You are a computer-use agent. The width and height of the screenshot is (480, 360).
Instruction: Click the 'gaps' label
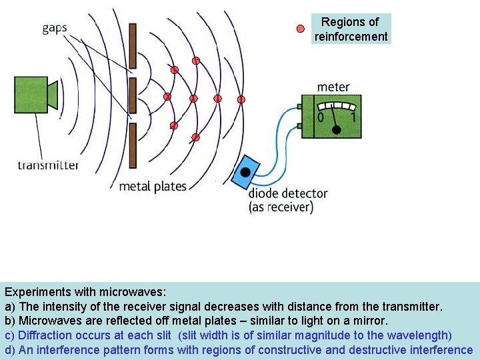pyautogui.click(x=54, y=28)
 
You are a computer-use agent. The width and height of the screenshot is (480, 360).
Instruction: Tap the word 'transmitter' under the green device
pyautogui.click(x=48, y=165)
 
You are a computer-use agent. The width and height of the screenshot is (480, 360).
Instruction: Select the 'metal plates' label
pyautogui.click(x=153, y=186)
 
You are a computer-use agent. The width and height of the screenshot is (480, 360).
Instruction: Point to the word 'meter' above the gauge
pyautogui.click(x=333, y=87)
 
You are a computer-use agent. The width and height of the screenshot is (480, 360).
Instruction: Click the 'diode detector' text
pyautogui.click(x=288, y=193)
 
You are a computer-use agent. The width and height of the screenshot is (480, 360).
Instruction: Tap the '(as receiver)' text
pyautogui.click(x=281, y=207)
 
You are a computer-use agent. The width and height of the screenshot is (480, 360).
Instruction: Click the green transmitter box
pyautogui.click(x=31, y=94)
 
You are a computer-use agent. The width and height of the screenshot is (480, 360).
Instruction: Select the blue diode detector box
pyautogui.click(x=246, y=173)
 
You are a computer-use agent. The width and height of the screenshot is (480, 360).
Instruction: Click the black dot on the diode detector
pyautogui.click(x=245, y=172)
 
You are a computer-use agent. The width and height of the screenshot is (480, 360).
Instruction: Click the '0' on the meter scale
pyautogui.click(x=320, y=117)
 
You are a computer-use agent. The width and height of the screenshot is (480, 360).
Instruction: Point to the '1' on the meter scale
pyautogui.click(x=353, y=117)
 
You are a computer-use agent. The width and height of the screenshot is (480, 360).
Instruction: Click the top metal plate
pyautogui.click(x=133, y=45)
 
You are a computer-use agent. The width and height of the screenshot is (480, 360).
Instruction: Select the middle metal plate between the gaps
pyautogui.click(x=133, y=95)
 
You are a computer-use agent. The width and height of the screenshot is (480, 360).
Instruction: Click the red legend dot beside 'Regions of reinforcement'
pyautogui.click(x=301, y=29)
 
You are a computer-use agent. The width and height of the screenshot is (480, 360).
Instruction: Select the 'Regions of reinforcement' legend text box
pyautogui.click(x=351, y=29)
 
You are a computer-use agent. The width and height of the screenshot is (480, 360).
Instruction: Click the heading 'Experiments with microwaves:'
pyautogui.click(x=85, y=292)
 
